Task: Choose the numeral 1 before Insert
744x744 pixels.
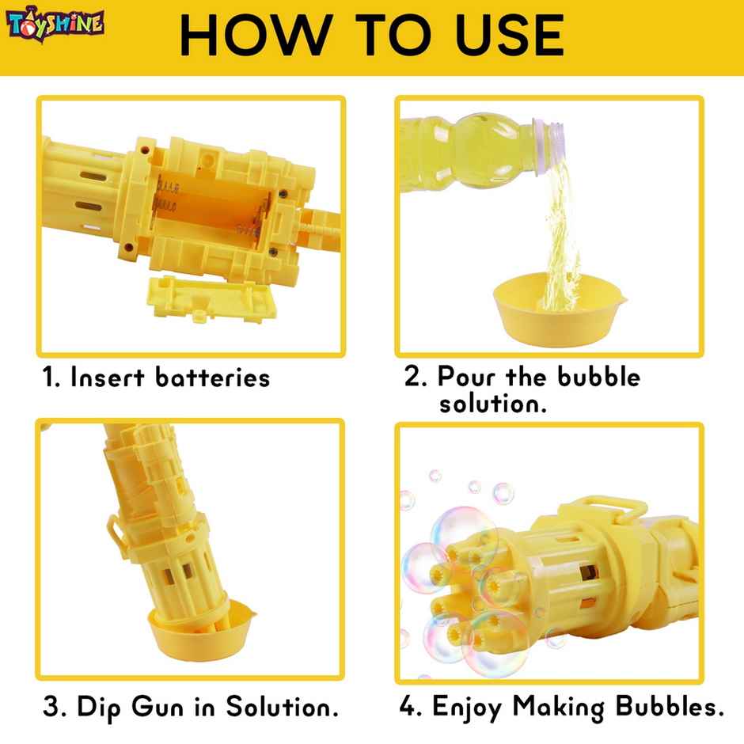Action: tap(49, 378)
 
